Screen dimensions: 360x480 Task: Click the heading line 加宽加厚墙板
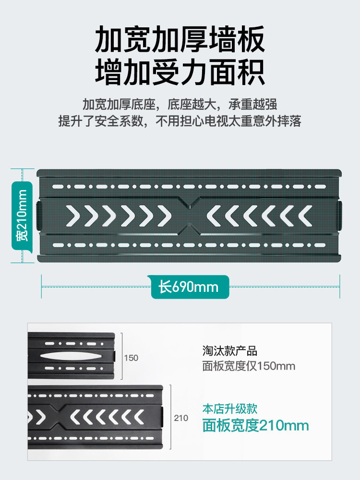pyautogui.click(x=180, y=41)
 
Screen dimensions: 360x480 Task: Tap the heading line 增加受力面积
pyautogui.click(x=180, y=72)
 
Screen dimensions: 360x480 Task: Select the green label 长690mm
pyautogui.click(x=189, y=287)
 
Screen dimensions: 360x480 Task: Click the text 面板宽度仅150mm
pyautogui.click(x=249, y=366)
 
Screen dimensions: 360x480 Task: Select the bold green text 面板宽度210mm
pyautogui.click(x=255, y=425)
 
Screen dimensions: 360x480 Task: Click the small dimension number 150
pyautogui.click(x=131, y=358)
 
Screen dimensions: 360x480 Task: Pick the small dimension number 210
pyautogui.click(x=181, y=418)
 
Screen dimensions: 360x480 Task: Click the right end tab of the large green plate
pyautogui.click(x=340, y=215)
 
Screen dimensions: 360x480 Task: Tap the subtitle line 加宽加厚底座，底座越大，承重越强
pyautogui.click(x=180, y=104)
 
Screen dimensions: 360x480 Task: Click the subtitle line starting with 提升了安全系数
pyautogui.click(x=180, y=121)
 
